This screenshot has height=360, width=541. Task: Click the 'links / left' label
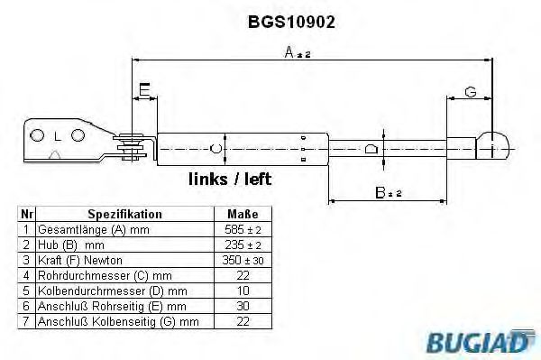230,179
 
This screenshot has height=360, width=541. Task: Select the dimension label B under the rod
387,191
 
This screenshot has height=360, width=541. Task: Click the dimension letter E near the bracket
144,89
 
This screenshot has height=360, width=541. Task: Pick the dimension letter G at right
470,90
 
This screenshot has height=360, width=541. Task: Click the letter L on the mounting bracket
57,136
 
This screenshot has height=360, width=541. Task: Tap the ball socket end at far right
492,143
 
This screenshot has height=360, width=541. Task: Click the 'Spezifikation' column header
124,214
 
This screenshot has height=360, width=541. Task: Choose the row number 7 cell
26,321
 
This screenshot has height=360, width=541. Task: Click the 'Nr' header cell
26,214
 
